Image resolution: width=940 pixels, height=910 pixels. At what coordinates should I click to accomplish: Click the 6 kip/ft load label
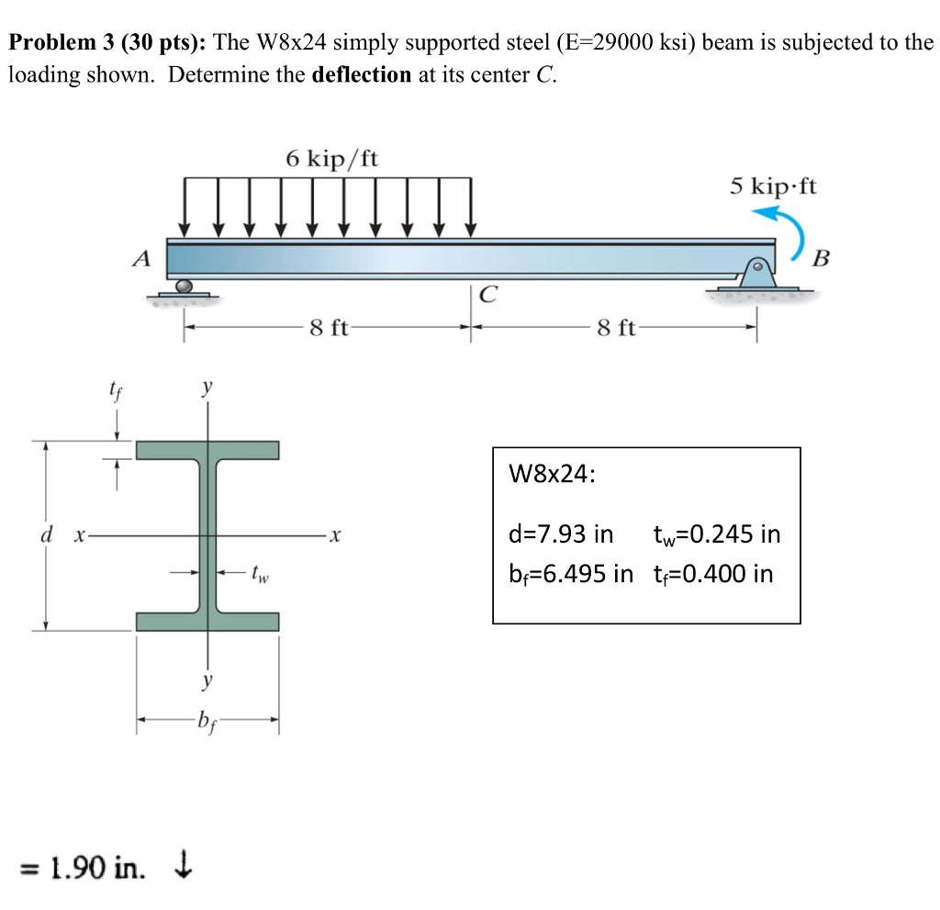tap(331, 158)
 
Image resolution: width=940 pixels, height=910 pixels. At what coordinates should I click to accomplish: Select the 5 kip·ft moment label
tap(773, 186)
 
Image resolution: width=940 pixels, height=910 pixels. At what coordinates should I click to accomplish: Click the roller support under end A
tap(184, 286)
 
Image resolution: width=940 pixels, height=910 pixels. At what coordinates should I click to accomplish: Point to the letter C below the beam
tap(488, 295)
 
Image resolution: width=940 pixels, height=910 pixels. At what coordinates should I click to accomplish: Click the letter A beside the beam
tap(141, 259)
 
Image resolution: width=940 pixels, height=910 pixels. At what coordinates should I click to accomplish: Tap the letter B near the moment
tap(822, 259)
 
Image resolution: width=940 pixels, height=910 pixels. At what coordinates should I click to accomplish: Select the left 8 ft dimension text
tap(330, 328)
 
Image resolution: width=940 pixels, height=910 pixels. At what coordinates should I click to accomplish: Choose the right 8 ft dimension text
tap(616, 328)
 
